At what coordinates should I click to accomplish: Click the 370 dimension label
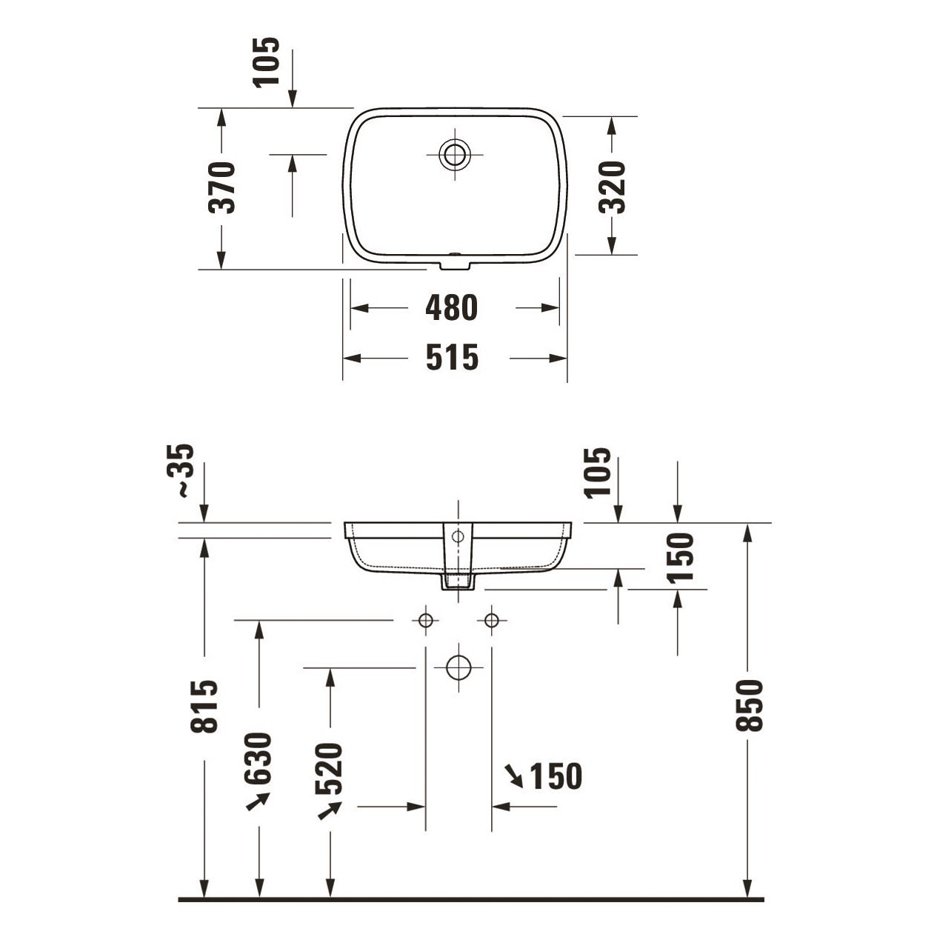coord(221,187)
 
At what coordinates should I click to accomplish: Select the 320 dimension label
coord(612,187)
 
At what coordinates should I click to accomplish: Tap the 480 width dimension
coord(452,307)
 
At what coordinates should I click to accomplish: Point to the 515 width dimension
coord(453,357)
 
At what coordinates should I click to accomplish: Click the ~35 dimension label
coord(181,470)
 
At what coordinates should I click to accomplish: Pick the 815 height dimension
coord(204,707)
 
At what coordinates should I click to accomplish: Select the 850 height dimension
coord(750,706)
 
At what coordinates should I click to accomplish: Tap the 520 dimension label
coord(329,768)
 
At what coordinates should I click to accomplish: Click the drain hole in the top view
coord(455,154)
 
